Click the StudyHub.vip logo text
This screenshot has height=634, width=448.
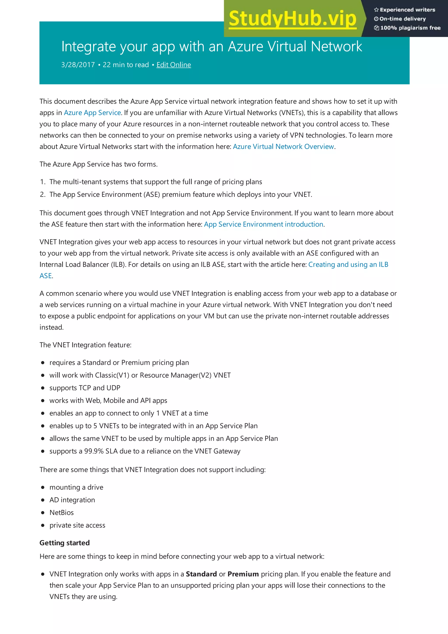pos(292,19)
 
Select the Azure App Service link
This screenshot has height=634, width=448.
pos(92,113)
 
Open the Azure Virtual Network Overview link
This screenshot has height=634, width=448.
pos(283,147)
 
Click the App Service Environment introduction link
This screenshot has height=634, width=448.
pos(263,224)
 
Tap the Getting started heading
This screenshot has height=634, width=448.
pos(65,543)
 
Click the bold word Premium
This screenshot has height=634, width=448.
pos(243,574)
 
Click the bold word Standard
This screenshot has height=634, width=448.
pos(201,574)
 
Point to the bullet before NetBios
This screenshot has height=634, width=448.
pos(43,513)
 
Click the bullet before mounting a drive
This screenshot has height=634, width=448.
pos(43,487)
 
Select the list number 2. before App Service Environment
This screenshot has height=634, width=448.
pos(42,195)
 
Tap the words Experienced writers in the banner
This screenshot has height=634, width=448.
pos(407,10)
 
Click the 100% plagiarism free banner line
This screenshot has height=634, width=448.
pos(410,28)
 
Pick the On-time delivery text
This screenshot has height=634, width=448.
pos(402,19)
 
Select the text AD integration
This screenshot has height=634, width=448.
pos(72,500)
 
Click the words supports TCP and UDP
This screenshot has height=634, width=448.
pos(85,388)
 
